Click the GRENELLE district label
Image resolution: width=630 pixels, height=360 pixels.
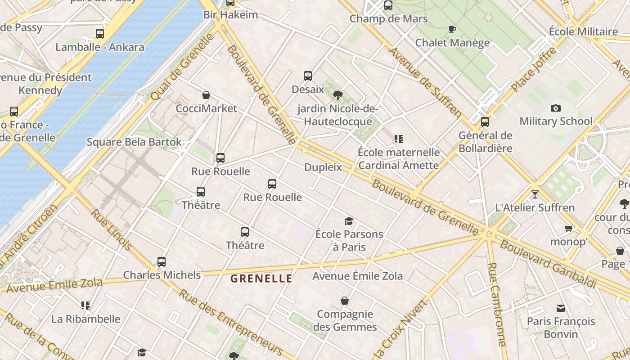pos(261,279)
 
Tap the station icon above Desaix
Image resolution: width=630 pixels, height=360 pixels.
pos(308,76)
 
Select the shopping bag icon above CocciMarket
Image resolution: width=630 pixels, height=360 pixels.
pos(206,95)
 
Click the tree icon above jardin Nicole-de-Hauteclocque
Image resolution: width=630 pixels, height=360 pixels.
pos(337,95)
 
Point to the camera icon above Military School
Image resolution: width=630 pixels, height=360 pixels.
pos(556,108)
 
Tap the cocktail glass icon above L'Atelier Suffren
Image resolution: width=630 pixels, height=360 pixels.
pos(535,194)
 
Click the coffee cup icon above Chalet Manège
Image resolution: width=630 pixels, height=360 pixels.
pos(452,30)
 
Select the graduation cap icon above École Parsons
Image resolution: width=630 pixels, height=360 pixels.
pos(349,221)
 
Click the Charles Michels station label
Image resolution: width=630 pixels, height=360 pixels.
pos(162,275)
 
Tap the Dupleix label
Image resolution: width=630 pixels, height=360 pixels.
pos(323,167)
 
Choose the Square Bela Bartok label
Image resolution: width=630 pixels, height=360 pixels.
pos(134,142)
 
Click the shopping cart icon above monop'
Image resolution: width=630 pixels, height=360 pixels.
pos(569,229)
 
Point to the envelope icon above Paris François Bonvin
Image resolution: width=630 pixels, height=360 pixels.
pos(561,308)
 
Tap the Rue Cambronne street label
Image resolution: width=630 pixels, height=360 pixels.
pos(497,304)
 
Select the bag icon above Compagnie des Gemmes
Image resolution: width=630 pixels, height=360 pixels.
pos(345,301)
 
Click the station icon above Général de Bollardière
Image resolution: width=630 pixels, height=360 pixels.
pos(485,122)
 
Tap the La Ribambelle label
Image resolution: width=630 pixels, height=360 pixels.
pos(85,319)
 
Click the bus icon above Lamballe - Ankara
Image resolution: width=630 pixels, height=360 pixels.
pos(100,34)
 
